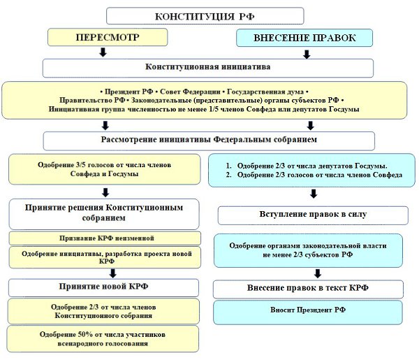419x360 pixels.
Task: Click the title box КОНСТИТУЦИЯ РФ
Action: point(205,15)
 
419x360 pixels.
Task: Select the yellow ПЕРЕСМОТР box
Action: point(103,36)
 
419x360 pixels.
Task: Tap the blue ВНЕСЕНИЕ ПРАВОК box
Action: point(306,37)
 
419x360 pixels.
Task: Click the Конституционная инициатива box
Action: point(207,67)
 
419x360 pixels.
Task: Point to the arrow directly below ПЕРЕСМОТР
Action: point(103,52)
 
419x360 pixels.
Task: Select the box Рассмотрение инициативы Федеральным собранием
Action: point(207,140)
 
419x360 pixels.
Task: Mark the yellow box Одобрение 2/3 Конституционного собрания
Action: point(103,311)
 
